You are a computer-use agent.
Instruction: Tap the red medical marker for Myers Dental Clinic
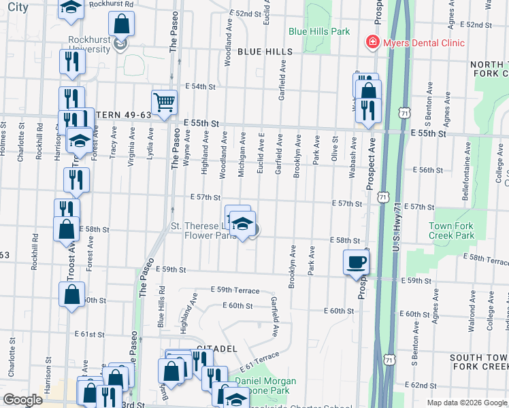coord(372,43)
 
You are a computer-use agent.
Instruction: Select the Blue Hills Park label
coord(319,31)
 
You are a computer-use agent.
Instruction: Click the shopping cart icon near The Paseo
coord(164,102)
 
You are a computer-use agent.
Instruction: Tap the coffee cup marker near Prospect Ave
coord(357,262)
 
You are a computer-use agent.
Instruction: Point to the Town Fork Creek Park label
coord(452,231)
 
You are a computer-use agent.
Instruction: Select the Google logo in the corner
coord(22,400)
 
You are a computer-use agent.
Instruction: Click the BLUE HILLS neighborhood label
coord(265,52)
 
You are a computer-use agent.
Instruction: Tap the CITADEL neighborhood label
coord(216,348)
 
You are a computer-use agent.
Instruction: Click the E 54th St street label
coord(203,86)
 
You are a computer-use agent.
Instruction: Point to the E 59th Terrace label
coord(235,290)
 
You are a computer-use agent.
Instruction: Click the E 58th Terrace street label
coord(486,260)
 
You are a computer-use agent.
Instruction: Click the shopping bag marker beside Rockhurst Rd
coord(121,24)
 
